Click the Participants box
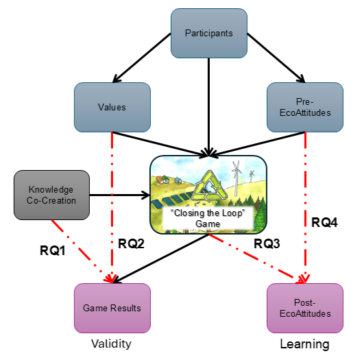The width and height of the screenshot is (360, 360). coord(209,34)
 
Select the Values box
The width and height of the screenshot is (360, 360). coord(112,107)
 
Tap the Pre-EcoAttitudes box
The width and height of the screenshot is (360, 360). coord(305,107)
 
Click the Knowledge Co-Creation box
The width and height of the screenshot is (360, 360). coord(51,195)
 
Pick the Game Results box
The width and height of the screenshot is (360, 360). coord(112,308)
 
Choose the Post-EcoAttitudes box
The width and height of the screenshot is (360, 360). coord(305,308)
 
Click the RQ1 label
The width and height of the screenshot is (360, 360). coord(53,250)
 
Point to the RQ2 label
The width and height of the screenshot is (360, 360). coord(131,243)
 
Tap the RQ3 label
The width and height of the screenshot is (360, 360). coord(267,243)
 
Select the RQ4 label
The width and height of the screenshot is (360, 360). coord(324,222)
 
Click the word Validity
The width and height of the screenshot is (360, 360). coord(111,344)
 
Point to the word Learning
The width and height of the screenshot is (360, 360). coord(304,344)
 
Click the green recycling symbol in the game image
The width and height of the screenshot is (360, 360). coord(209,187)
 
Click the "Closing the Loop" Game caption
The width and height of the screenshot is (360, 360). coord(208,218)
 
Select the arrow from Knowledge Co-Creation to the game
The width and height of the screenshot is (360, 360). coord(119,195)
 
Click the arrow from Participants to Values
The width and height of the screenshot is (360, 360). coord(142,58)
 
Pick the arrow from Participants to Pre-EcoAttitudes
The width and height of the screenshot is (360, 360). coord(276,58)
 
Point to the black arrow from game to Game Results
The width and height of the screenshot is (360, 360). coord(160,259)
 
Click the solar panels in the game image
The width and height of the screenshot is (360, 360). coord(172,199)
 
